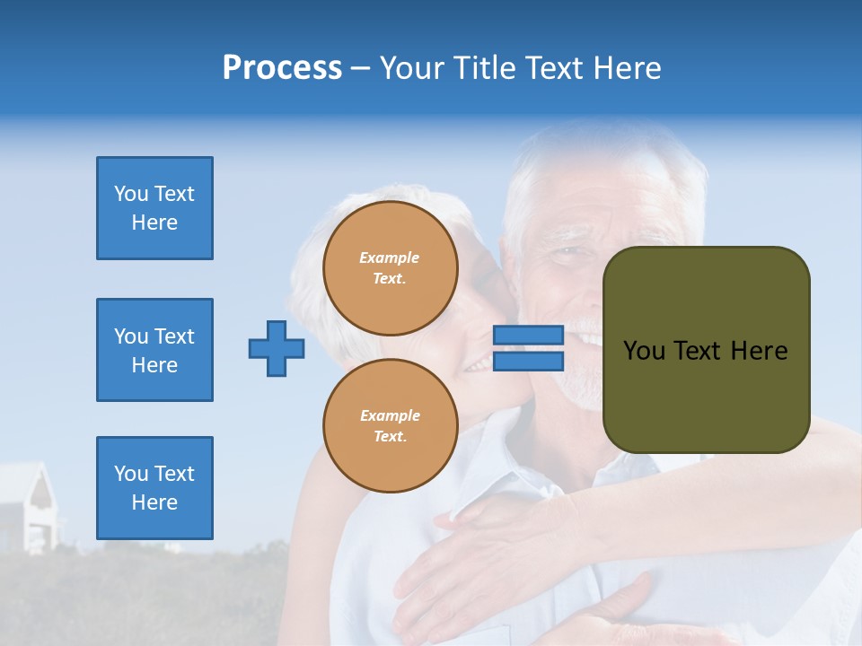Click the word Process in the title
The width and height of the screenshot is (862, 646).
pos(282,68)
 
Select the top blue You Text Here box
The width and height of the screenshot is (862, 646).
pos(154,208)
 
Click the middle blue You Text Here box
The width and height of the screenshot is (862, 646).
pos(154,350)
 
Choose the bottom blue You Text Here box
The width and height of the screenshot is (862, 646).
pos(154,487)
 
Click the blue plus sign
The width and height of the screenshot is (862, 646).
pos(276,348)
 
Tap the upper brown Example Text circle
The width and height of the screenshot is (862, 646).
pos(390,268)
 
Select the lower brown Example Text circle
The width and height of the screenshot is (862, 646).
pos(390,426)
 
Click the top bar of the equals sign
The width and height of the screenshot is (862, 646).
pos(528,336)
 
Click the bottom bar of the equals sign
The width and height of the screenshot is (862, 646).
pos(528,362)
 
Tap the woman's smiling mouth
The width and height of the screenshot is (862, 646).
pos(478,362)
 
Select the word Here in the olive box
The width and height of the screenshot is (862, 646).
pos(759,351)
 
